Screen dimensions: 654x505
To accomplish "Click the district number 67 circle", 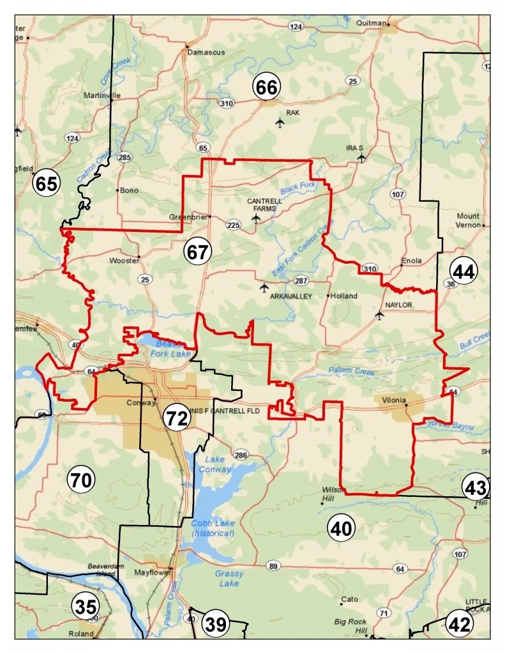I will click(x=198, y=252).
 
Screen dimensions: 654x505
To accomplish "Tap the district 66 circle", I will click(x=267, y=87).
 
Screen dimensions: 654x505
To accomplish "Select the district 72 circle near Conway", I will click(x=176, y=418).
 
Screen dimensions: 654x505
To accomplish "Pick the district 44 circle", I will click(x=464, y=271).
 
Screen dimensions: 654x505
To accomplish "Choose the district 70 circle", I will click(x=81, y=480).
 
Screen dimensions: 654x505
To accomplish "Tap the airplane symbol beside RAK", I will click(x=279, y=122).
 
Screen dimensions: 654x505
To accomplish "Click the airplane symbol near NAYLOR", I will click(x=380, y=314).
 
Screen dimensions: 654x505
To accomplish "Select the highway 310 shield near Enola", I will click(x=369, y=269).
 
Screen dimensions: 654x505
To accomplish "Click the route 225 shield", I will click(x=233, y=224).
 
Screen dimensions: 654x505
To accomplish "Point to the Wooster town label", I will click(x=124, y=261).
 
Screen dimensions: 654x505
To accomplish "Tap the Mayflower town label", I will click(x=150, y=573).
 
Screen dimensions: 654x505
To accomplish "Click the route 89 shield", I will click(x=273, y=566).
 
